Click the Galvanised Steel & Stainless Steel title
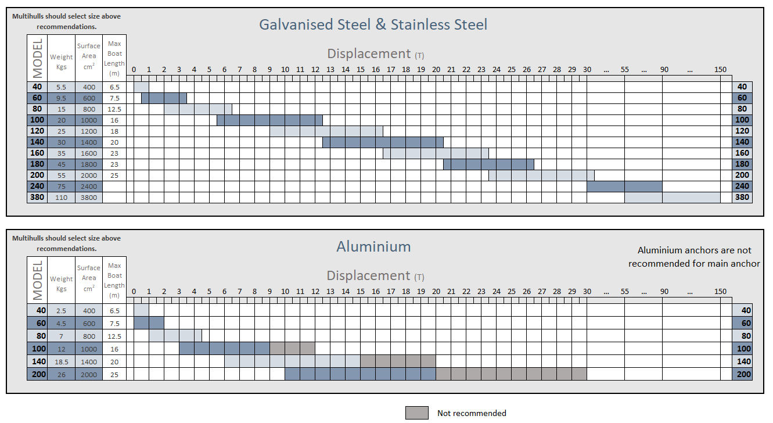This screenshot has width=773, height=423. [x=373, y=24]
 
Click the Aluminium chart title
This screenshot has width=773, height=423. [x=373, y=246]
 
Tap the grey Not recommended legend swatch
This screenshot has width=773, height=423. [x=416, y=413]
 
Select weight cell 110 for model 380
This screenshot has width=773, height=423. [x=61, y=198]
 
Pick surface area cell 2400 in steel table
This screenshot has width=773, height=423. [x=89, y=187]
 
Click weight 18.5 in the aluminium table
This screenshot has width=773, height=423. [x=61, y=361]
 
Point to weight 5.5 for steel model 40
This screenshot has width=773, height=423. [x=61, y=87]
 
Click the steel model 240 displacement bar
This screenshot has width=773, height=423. [x=624, y=187]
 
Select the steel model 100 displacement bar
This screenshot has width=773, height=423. [x=269, y=120]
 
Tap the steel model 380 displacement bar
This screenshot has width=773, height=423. [x=677, y=198]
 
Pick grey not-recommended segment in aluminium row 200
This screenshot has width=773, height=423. [x=511, y=374]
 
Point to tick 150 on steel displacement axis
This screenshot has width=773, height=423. [x=720, y=70]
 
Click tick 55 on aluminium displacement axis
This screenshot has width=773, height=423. [x=624, y=292]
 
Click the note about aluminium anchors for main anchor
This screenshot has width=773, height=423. [x=694, y=257]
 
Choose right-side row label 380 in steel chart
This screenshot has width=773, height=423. [x=742, y=198]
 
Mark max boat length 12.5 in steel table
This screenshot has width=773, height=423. [x=114, y=109]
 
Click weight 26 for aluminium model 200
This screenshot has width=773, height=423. [x=61, y=374]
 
